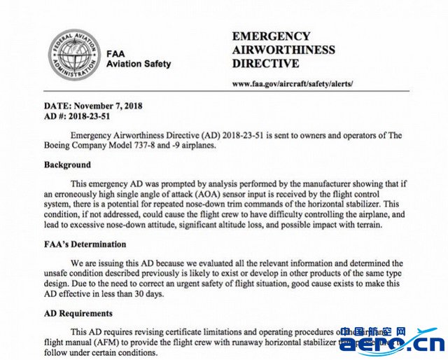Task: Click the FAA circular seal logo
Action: pyautogui.click(x=74, y=54)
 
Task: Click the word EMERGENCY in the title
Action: pyautogui.click(x=271, y=36)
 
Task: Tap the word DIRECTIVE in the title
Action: pyautogui.click(x=265, y=64)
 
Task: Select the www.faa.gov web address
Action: pyautogui.click(x=293, y=83)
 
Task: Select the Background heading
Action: pyautogui.click(x=67, y=165)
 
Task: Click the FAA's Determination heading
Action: pyautogui.click(x=85, y=244)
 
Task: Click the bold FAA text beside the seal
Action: pyautogui.click(x=116, y=53)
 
